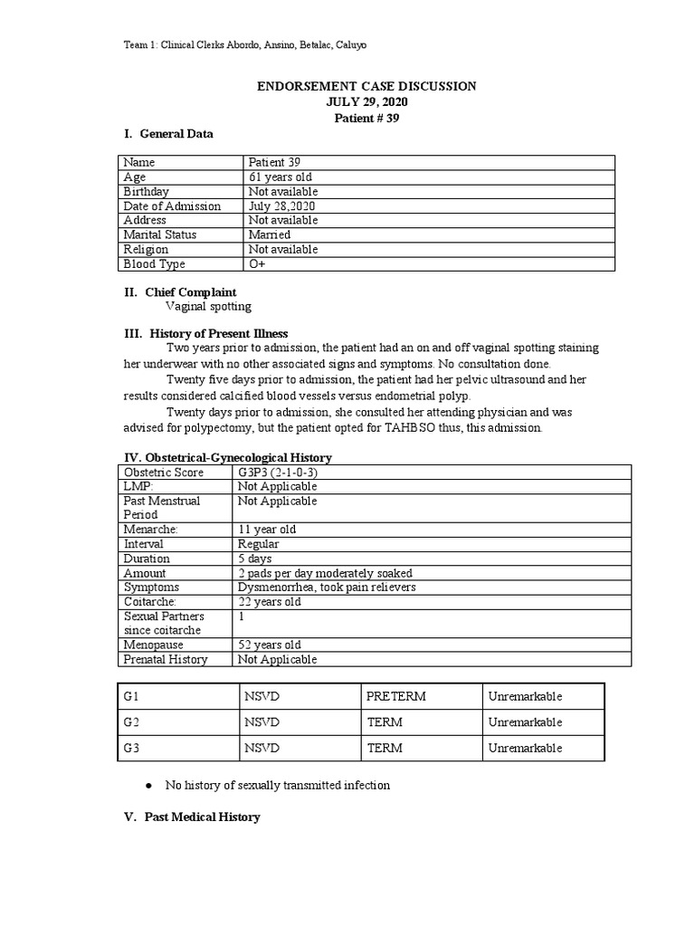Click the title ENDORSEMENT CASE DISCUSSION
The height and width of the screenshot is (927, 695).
pyautogui.click(x=367, y=86)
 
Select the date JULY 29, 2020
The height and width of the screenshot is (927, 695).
pyautogui.click(x=367, y=102)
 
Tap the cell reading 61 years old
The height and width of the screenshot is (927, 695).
pyautogui.click(x=281, y=177)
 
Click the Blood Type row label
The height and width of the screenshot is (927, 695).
pyautogui.click(x=154, y=264)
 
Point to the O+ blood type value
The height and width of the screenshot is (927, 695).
pyautogui.click(x=257, y=264)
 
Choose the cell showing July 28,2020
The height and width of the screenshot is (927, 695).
pyautogui.click(x=282, y=206)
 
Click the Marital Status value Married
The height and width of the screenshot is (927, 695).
pyautogui.click(x=270, y=235)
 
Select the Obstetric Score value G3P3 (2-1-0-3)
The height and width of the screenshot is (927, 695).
pyautogui.click(x=282, y=473)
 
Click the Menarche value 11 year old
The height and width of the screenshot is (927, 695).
pyautogui.click(x=267, y=530)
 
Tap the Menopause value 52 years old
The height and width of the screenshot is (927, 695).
pyautogui.click(x=270, y=645)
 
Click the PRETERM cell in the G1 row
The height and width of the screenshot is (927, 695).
pyautogui.click(x=396, y=697)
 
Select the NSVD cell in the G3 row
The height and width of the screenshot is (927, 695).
pyautogui.click(x=262, y=749)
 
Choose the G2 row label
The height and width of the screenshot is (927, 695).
pyautogui.click(x=134, y=722)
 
